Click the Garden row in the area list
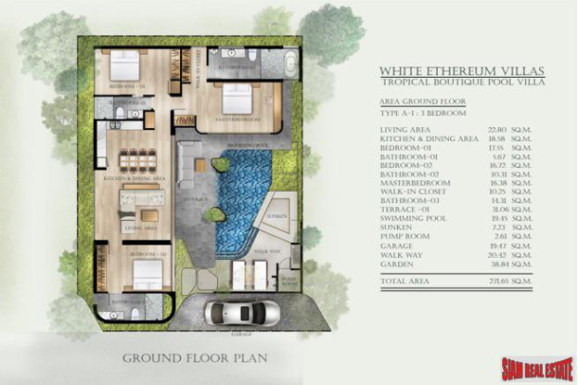pos(445,269)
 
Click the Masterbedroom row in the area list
pos(445,187)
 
